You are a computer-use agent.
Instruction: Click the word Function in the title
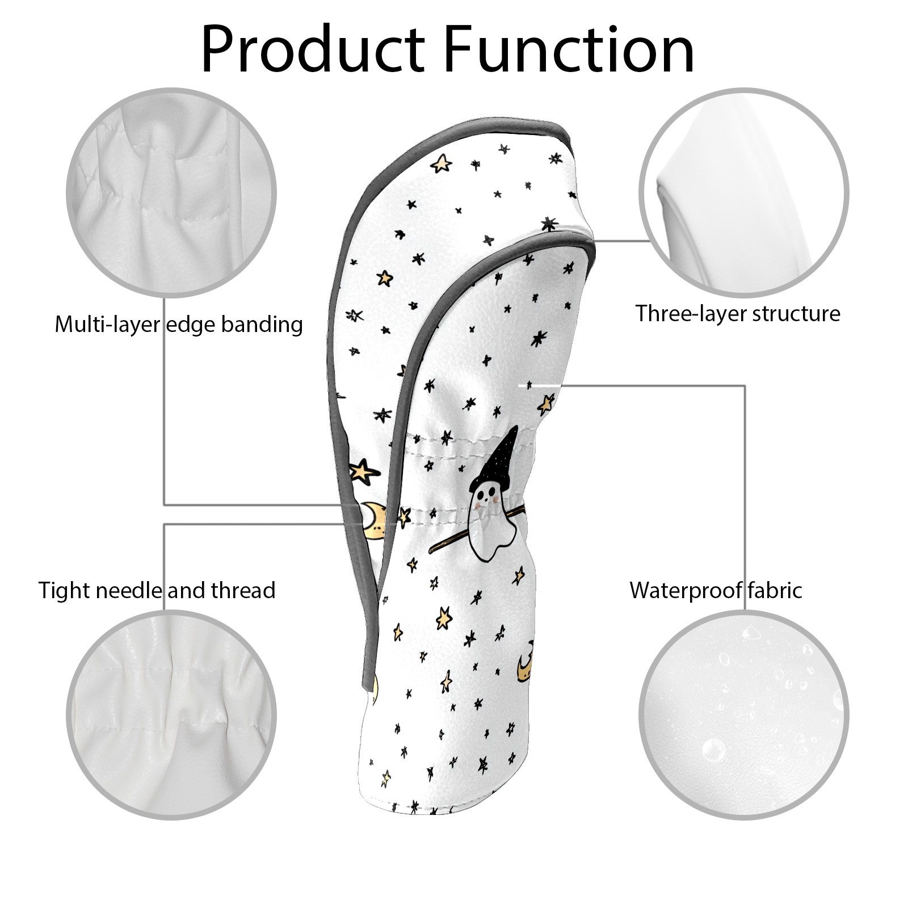569,49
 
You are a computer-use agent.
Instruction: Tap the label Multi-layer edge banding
179,325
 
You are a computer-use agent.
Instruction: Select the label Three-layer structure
738,313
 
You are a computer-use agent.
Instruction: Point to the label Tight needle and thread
157,591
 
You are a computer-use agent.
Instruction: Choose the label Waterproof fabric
716,591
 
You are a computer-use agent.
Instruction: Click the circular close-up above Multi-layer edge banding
171,193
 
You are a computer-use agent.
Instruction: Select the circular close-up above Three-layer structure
744,193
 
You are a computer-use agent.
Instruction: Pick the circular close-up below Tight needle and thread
171,716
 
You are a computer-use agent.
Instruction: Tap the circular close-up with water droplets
744,716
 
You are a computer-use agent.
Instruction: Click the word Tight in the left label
64,591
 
